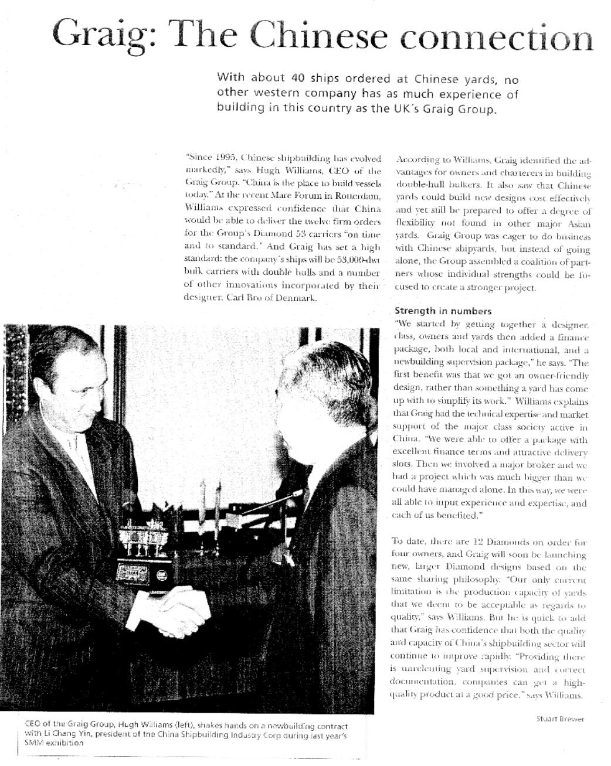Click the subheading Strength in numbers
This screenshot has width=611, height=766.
pos(443,311)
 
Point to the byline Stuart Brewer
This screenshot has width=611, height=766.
pos(561,719)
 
